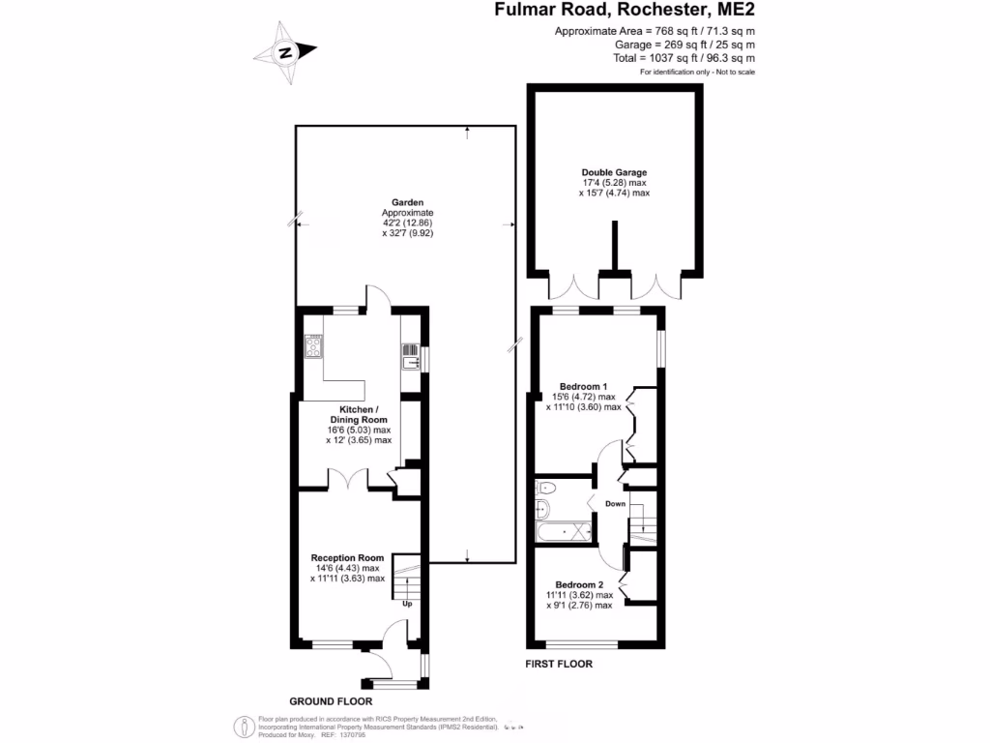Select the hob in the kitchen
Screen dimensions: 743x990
(314, 345)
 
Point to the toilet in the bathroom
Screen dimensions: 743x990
(543, 487)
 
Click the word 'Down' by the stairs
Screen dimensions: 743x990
(615, 504)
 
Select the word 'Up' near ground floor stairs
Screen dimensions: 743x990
(408, 605)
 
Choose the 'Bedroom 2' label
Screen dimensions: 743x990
(579, 584)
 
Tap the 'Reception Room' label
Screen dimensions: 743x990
(347, 557)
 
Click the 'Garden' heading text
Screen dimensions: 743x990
(407, 201)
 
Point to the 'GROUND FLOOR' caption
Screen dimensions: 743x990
(331, 701)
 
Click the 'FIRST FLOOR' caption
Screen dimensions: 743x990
(558, 665)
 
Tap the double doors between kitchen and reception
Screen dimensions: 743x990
(347, 478)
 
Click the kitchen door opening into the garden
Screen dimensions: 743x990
(378, 297)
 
